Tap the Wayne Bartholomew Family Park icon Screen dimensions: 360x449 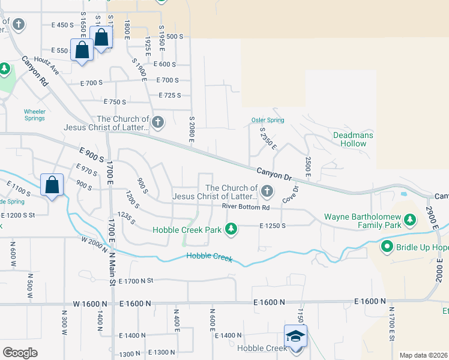point(411,220)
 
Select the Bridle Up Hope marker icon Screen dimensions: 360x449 point(387,247)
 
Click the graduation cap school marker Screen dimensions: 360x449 point(295,337)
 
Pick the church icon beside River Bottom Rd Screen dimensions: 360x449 point(267,192)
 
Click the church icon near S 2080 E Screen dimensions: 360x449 point(158,123)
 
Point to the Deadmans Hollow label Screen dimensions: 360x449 point(353,139)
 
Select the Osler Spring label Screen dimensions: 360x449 point(267,120)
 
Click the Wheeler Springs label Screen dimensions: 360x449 point(34,115)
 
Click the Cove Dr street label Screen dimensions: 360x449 point(291,193)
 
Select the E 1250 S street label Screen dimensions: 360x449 point(273,226)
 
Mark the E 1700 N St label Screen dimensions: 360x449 point(136,281)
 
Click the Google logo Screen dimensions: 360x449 point(20,352)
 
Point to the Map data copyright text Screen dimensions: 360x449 point(423,355)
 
